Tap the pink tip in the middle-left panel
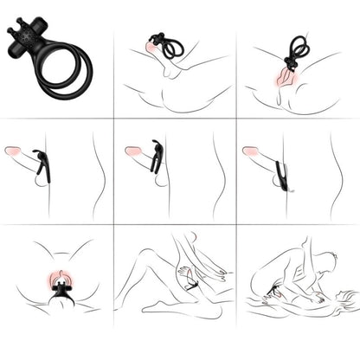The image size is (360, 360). coord(13,151)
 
